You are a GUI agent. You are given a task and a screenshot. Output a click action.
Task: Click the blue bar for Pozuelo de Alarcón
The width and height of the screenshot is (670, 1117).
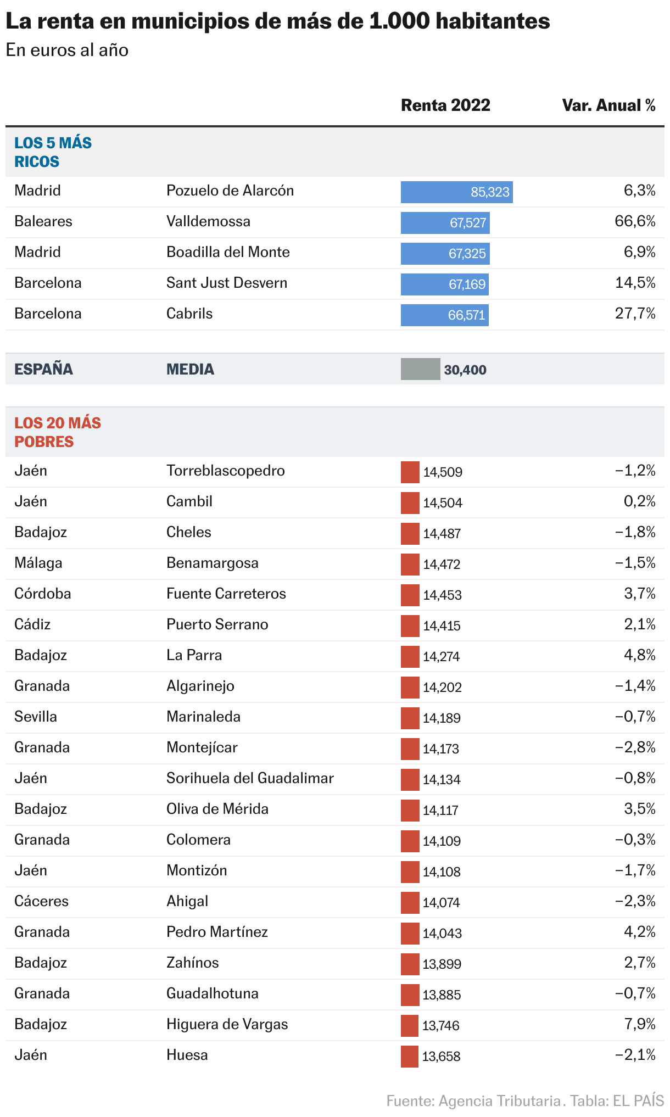click(456, 192)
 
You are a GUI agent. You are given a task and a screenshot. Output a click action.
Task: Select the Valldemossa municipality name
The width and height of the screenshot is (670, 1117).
click(208, 221)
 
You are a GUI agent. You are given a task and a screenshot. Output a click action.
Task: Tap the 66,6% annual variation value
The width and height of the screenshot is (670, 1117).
click(635, 221)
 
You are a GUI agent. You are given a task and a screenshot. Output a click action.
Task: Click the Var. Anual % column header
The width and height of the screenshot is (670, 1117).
click(608, 105)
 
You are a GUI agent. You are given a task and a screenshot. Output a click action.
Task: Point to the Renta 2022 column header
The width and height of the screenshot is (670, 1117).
click(445, 105)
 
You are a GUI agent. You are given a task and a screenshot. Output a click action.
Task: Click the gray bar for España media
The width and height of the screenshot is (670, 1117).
click(420, 369)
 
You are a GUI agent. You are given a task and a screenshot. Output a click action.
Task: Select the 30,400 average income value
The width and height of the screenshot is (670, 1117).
click(465, 370)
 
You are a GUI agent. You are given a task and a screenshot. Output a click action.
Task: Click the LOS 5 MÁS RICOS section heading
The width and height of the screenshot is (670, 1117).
click(53, 152)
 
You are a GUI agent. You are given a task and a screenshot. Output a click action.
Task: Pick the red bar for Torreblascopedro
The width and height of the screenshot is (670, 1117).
click(410, 472)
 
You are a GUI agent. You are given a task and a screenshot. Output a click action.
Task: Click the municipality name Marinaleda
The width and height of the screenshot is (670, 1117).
click(203, 717)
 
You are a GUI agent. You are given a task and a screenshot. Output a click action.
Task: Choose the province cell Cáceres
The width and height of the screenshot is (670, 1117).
click(41, 901)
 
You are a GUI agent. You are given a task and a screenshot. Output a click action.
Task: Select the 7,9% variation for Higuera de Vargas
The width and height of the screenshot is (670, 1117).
click(640, 1024)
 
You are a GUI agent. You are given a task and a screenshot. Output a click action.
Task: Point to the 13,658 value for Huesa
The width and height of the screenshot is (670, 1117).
click(441, 1056)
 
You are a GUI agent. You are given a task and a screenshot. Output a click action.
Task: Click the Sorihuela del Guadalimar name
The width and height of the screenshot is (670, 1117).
click(250, 778)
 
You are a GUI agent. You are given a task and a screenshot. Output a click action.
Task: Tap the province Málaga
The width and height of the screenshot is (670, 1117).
click(38, 563)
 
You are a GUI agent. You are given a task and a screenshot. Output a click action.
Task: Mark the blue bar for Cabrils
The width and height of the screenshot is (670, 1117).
click(444, 315)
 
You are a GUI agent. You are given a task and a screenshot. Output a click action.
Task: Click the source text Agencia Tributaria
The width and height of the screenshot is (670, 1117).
click(500, 1101)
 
